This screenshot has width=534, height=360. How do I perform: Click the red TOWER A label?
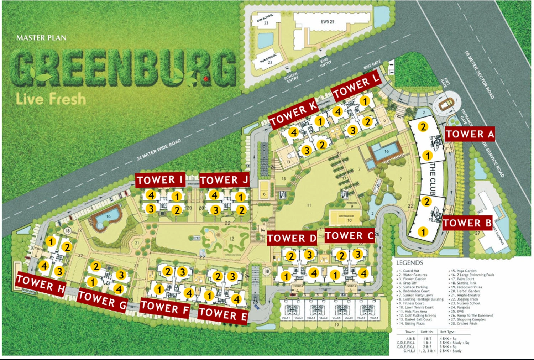click(470, 134)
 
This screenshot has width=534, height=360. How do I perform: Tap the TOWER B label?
click(467, 223)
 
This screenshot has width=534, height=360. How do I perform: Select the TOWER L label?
click(356, 87)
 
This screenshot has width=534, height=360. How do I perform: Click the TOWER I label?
click(160, 180)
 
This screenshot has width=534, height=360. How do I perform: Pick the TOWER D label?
click(292, 238)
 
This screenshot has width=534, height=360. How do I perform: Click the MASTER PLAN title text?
click(41, 38)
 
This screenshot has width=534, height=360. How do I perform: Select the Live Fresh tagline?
click(51, 99)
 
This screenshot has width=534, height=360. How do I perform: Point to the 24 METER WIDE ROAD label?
click(159, 150)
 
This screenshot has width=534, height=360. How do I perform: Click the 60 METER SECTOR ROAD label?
click(480, 75)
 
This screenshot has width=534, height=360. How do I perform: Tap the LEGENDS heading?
click(409, 263)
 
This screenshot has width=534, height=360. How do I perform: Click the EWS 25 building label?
click(328, 22)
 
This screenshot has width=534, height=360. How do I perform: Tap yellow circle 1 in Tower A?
click(427, 156)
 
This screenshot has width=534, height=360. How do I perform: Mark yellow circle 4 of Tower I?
click(151, 195)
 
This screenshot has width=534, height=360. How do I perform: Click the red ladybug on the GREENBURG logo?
click(205, 78)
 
